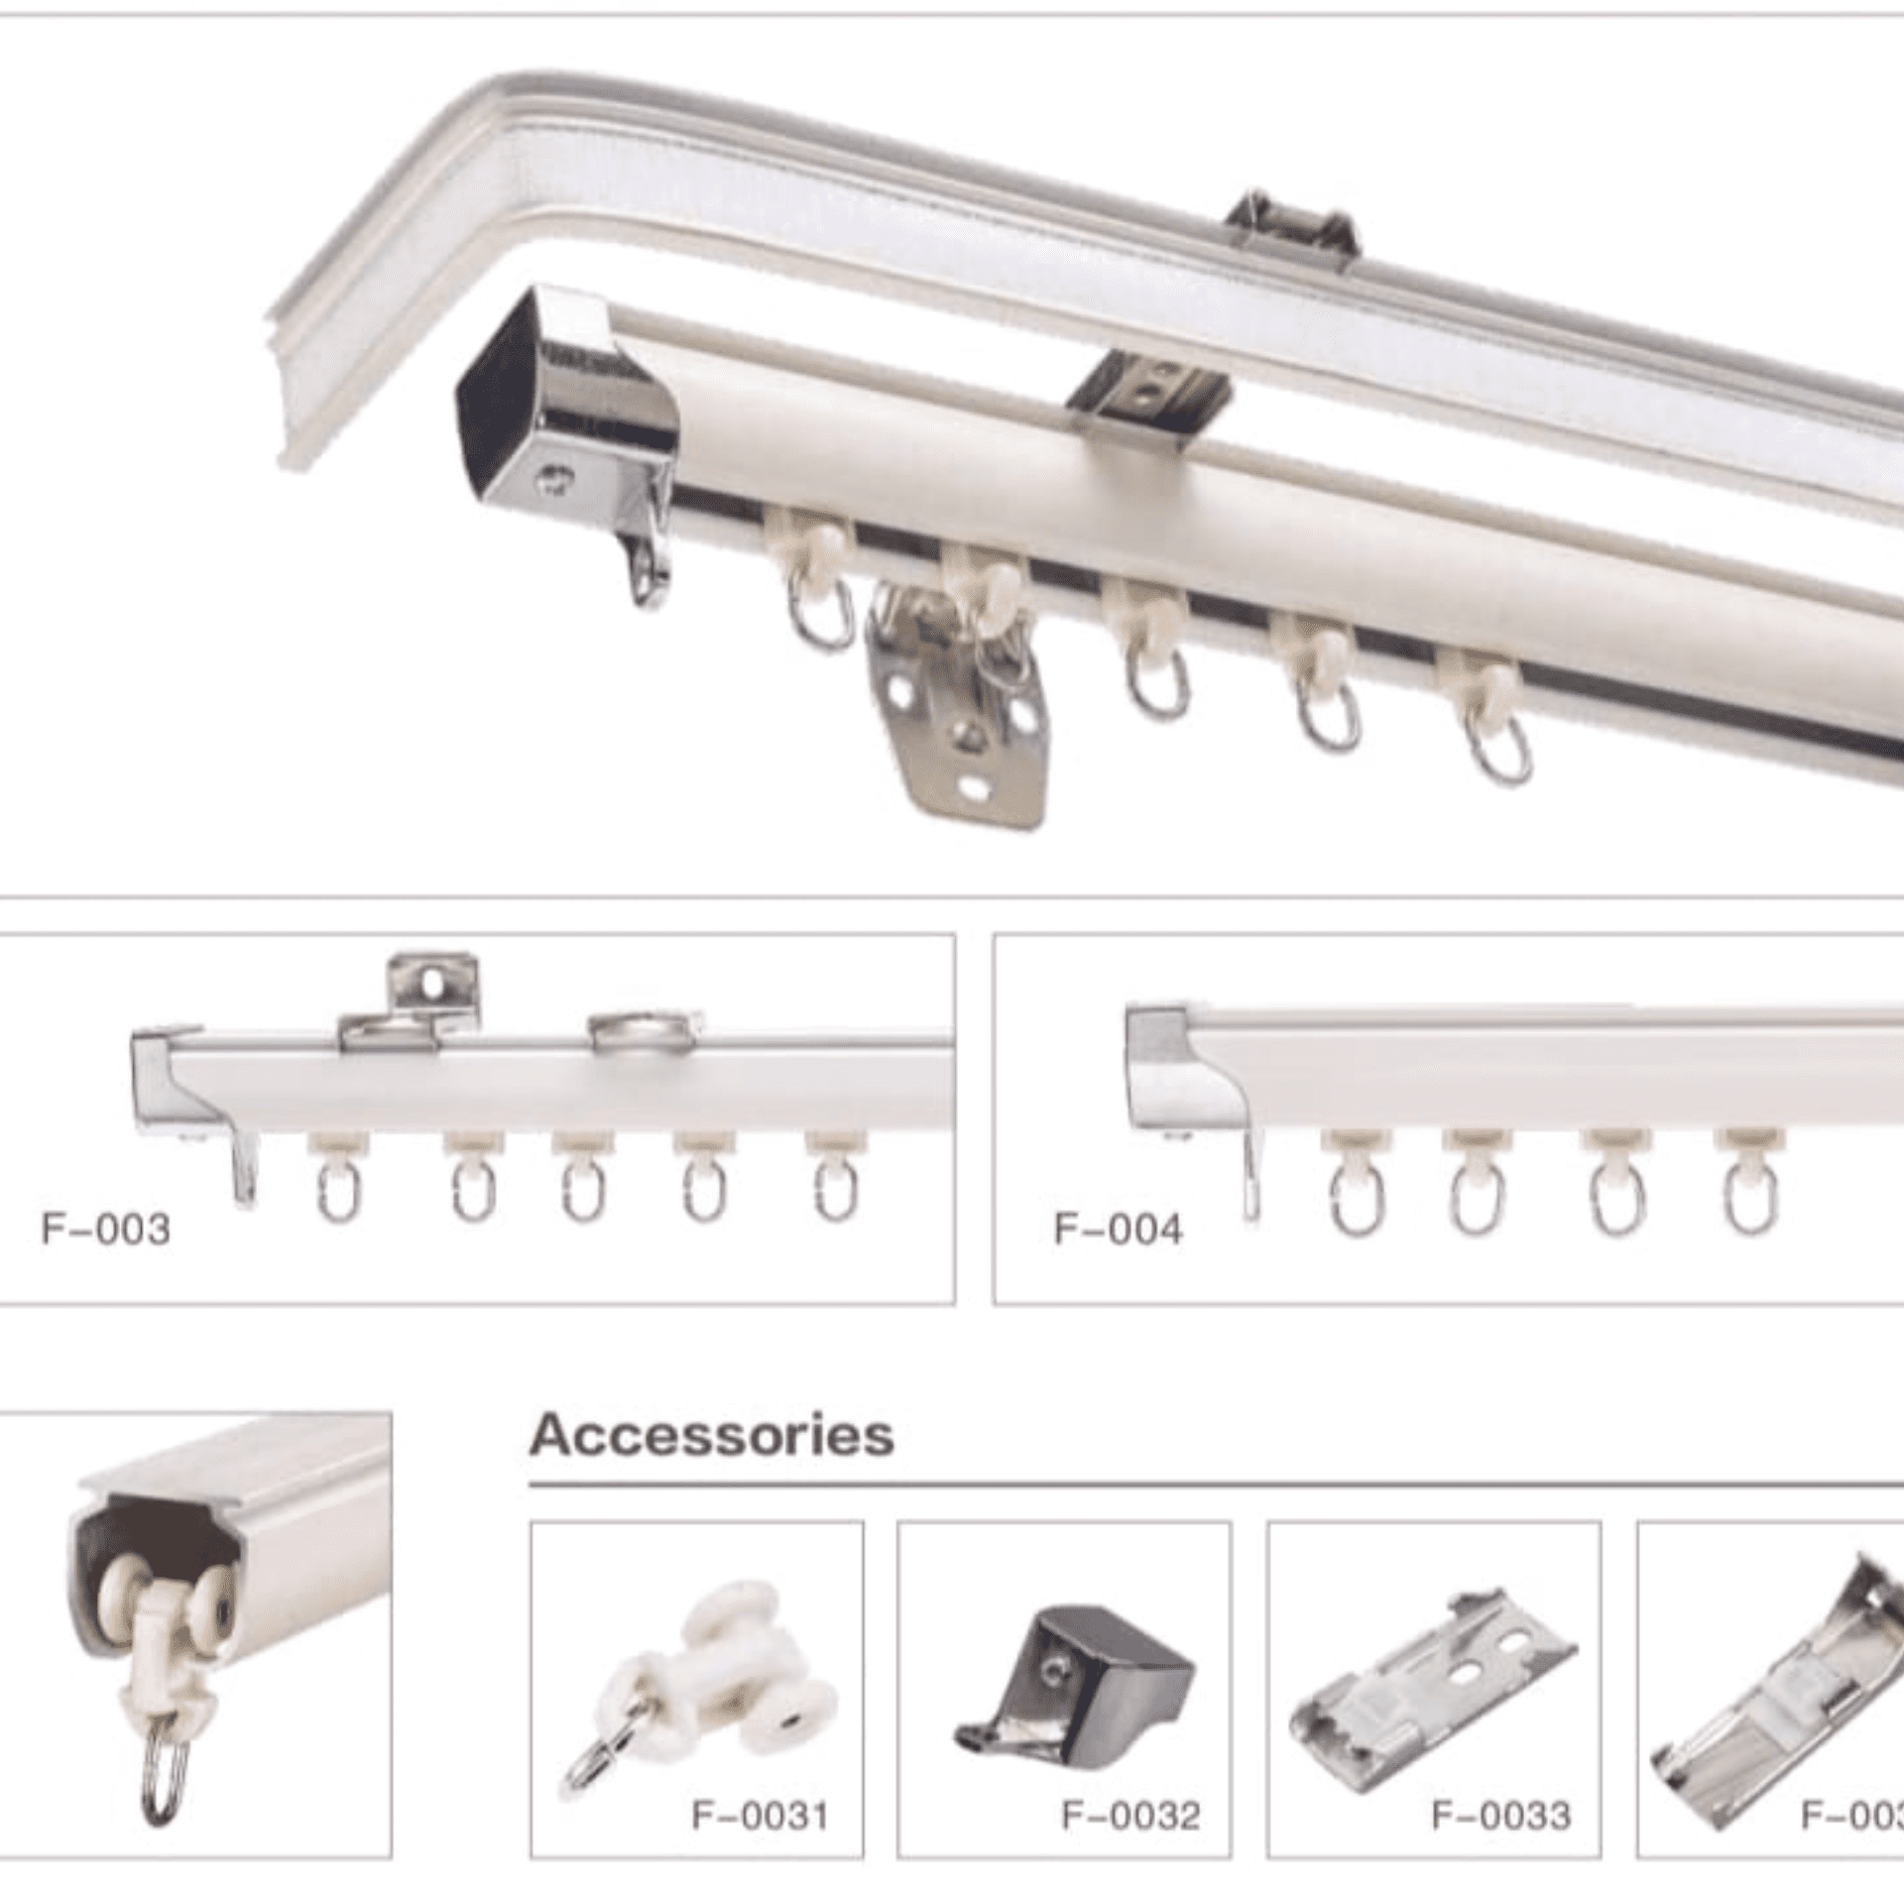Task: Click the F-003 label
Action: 105,1230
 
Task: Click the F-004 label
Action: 1118,1230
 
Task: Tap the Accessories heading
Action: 711,1436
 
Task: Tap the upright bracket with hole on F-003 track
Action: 433,983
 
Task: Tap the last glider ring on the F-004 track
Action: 1749,1195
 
